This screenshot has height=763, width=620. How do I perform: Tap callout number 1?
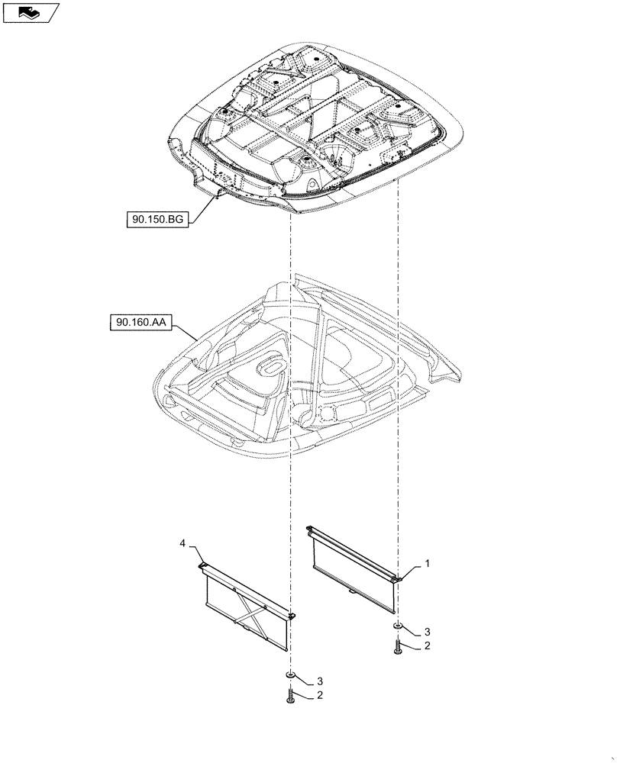[428, 564]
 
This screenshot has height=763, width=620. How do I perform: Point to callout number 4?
[182, 542]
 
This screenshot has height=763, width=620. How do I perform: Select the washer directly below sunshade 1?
[397, 626]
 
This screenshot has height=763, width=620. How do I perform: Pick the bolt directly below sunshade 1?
[397, 647]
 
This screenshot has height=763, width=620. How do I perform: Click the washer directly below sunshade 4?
[292, 677]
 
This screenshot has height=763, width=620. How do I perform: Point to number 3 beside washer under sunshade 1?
[428, 632]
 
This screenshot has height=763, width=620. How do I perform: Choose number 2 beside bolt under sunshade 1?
[428, 647]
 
